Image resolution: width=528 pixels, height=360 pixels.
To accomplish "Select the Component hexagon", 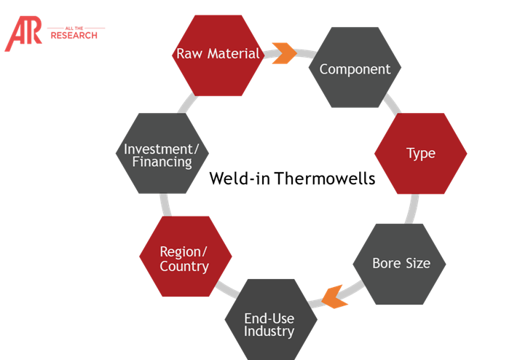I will pyautogui.click(x=355, y=69).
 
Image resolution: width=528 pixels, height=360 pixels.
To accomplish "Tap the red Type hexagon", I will pyautogui.click(x=420, y=154).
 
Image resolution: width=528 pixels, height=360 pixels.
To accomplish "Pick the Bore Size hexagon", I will pyautogui.click(x=400, y=263).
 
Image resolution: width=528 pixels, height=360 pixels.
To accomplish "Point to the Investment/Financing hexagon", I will pyautogui.click(x=162, y=154).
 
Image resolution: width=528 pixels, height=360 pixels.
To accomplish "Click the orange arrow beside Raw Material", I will pyautogui.click(x=283, y=53).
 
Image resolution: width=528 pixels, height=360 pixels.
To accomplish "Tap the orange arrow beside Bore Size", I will pyautogui.click(x=332, y=296).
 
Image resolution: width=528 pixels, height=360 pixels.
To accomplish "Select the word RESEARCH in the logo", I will pyautogui.click(x=74, y=35).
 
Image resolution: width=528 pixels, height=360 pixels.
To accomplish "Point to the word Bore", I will pyautogui.click(x=386, y=263).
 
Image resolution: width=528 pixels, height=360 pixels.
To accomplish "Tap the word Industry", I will pyautogui.click(x=269, y=332).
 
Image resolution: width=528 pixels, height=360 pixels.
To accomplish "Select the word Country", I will pyautogui.click(x=184, y=266).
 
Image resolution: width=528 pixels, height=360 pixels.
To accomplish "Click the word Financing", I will pyautogui.click(x=162, y=162).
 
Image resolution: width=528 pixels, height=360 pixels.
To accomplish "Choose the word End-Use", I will pyautogui.click(x=269, y=318).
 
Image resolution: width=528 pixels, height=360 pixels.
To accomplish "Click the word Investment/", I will pyautogui.click(x=161, y=149).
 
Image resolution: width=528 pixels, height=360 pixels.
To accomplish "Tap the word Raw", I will pyautogui.click(x=189, y=54).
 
